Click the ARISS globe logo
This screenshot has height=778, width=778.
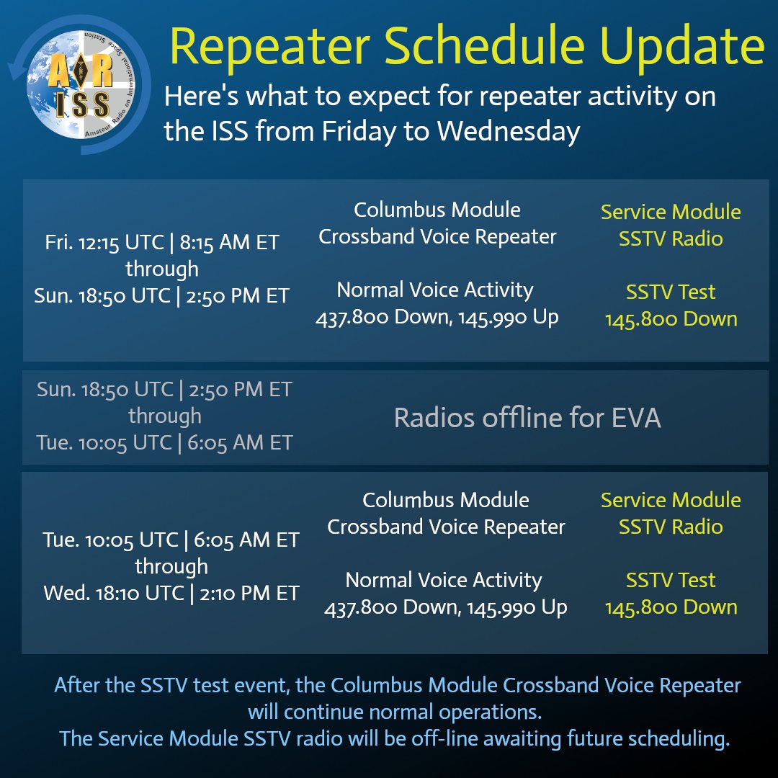(81, 84)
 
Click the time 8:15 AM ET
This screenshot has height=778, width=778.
(229, 242)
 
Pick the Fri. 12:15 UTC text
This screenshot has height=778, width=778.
(104, 242)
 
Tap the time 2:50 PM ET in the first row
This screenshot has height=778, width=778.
(237, 296)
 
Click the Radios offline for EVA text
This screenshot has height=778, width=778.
(527, 418)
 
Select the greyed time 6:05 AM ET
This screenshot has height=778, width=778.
(240, 442)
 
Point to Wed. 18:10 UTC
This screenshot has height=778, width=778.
(114, 593)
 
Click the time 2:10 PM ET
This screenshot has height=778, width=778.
(249, 593)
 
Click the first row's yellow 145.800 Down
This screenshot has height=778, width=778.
(671, 319)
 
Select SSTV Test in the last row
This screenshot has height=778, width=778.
(671, 580)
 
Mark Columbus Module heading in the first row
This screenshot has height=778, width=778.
(437, 210)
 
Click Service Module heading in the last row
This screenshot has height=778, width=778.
(671, 500)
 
